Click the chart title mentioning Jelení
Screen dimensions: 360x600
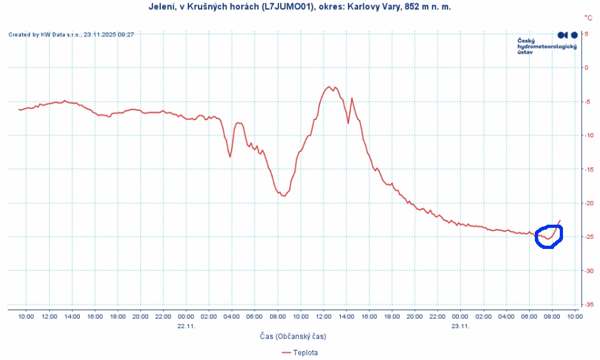point(299,7)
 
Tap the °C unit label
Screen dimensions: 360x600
point(588,18)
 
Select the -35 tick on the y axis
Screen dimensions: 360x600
point(588,304)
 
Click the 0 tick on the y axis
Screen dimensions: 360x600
point(587,68)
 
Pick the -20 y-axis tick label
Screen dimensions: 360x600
point(588,203)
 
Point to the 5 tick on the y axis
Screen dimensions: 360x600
point(587,34)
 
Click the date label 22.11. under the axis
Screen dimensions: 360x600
point(186,325)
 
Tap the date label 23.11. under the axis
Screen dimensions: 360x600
point(461,325)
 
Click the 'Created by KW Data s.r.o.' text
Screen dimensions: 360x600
point(71,34)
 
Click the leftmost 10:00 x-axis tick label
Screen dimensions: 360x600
point(26,316)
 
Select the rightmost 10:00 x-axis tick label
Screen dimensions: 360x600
point(574,316)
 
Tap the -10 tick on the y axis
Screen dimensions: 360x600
point(588,135)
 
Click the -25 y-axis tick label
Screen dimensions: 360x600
point(588,237)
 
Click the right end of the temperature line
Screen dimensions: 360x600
point(560,221)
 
